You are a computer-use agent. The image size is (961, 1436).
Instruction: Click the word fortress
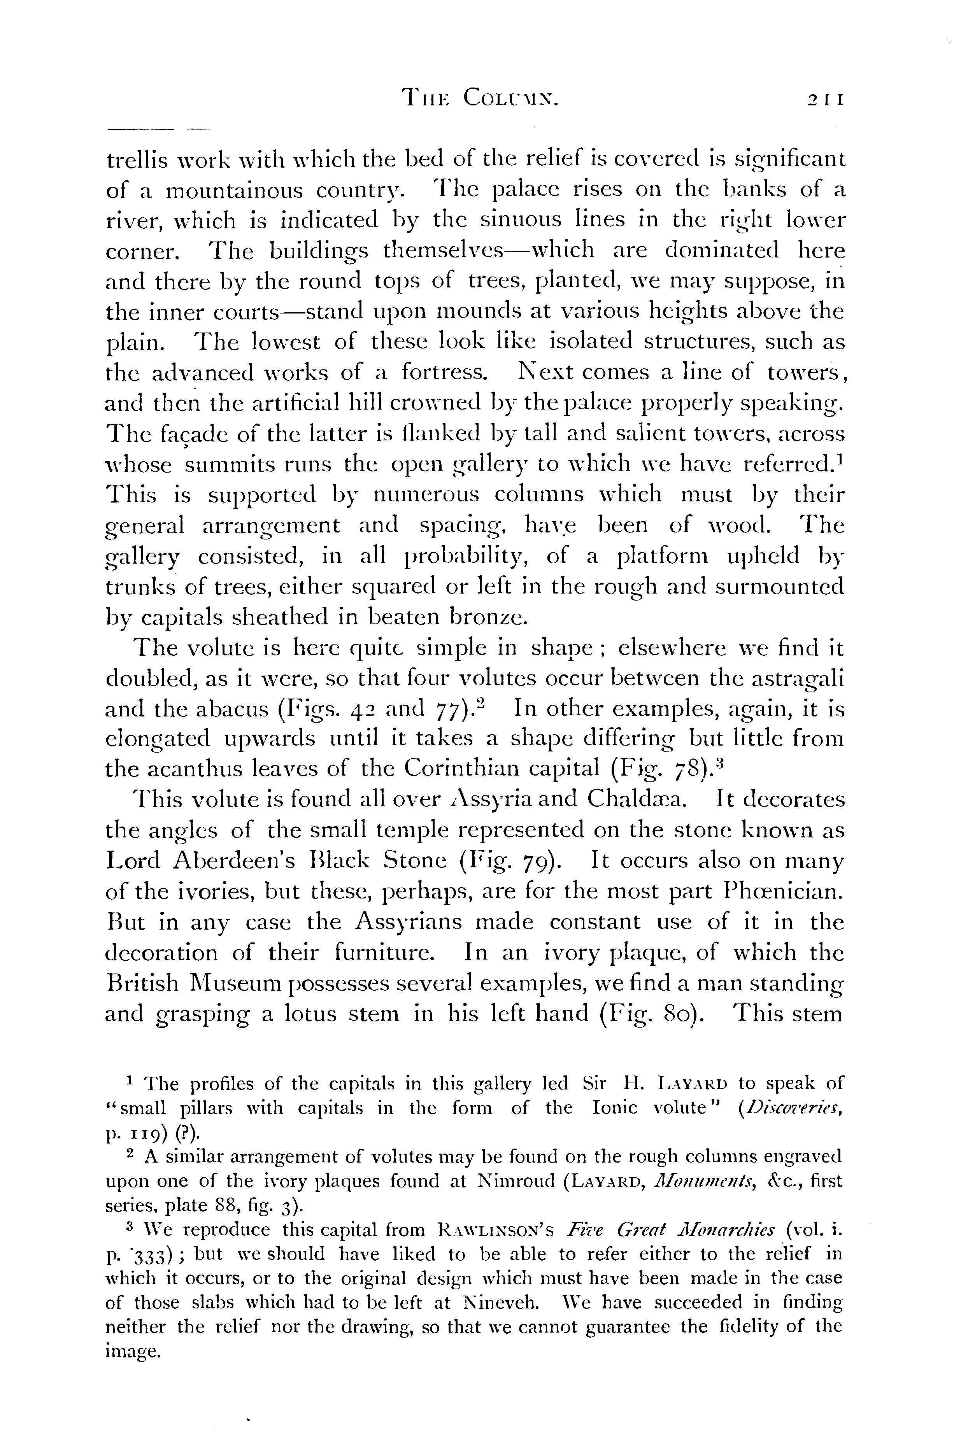pos(444,373)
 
